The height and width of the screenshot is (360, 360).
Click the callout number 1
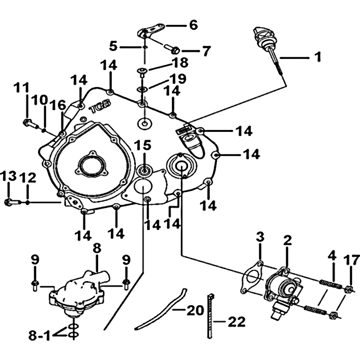pos(318,57)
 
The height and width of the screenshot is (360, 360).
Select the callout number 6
pos(193,25)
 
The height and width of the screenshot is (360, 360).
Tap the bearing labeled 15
pos(145,170)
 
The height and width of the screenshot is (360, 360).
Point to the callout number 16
pos(58,105)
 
